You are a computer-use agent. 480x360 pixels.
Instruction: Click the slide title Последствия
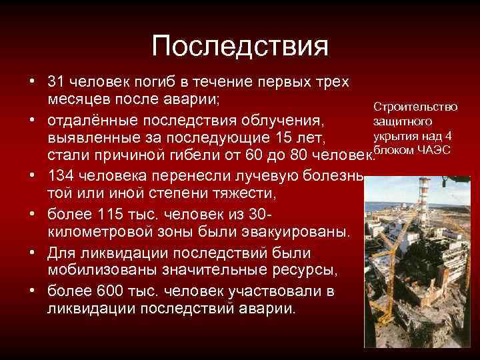(240, 47)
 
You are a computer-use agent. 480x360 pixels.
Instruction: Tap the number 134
(65, 177)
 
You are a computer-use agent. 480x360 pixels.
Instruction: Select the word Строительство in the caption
(415, 107)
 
